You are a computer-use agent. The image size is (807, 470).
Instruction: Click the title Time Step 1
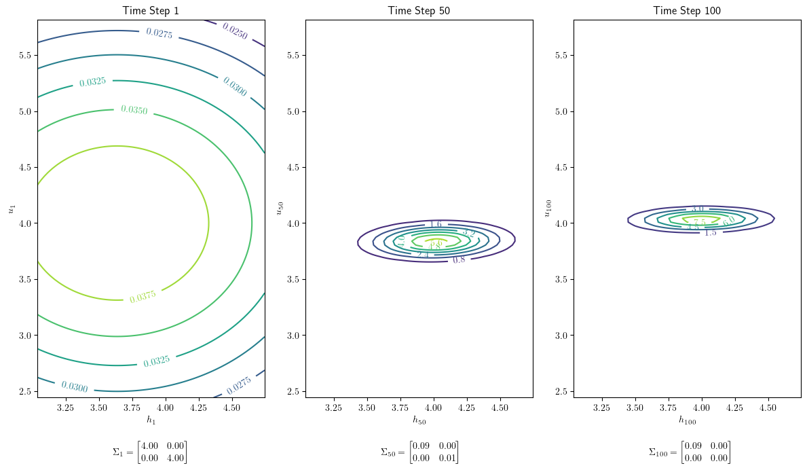click(x=151, y=10)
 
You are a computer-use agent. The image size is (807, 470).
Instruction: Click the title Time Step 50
click(x=419, y=10)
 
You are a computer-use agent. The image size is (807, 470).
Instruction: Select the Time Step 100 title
click(x=687, y=10)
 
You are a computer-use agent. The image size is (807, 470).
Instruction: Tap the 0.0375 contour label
click(x=143, y=296)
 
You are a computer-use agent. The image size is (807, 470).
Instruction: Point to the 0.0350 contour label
click(x=134, y=109)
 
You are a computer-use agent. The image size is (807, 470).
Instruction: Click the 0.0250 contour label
click(x=234, y=31)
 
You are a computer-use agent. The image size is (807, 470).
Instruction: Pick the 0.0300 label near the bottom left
click(x=74, y=386)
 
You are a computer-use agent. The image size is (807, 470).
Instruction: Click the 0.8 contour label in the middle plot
click(x=459, y=259)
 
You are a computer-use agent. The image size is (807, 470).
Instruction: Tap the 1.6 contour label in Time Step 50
click(x=436, y=224)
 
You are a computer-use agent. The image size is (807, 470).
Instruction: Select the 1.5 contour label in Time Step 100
click(x=710, y=232)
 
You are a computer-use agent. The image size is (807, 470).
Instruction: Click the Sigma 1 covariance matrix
click(x=149, y=452)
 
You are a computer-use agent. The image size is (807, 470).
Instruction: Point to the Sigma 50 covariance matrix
click(x=419, y=452)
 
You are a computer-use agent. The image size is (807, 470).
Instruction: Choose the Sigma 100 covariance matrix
click(x=690, y=452)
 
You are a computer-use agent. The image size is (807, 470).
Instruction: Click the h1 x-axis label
click(x=151, y=420)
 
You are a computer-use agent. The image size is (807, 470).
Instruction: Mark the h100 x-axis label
click(x=687, y=420)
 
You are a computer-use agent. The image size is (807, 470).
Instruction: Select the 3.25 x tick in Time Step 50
click(x=333, y=408)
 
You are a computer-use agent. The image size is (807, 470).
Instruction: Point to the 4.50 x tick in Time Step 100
click(x=768, y=408)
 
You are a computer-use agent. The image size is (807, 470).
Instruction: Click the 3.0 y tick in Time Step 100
click(x=560, y=336)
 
